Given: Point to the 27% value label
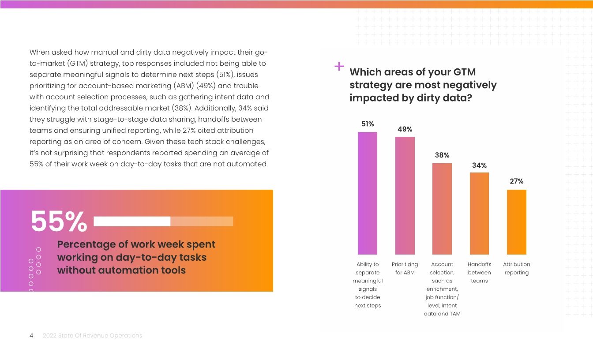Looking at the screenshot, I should [516, 181].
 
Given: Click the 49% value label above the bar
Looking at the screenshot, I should [405, 129].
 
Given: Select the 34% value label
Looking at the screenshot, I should [479, 165].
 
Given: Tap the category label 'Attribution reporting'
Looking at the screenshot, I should [516, 269].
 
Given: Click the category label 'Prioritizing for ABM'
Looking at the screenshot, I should [405, 269].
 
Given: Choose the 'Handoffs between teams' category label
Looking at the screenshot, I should [479, 273].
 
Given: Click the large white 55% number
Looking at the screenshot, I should [59, 221].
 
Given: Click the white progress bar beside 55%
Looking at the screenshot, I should [132, 221].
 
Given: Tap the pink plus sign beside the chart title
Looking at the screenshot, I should [339, 67].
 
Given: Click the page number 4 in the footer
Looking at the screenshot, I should [31, 336].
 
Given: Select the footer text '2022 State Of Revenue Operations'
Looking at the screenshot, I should [92, 336].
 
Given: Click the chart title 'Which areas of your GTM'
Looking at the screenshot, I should [413, 72].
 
